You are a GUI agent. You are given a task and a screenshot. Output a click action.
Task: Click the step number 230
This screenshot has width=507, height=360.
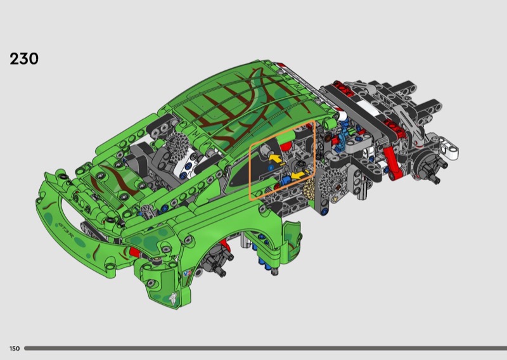pos(24,58)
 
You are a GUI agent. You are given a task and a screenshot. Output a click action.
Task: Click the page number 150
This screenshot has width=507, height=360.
pos(15,349)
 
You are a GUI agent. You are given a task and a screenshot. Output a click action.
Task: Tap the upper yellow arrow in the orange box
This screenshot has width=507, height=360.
pos(275,158)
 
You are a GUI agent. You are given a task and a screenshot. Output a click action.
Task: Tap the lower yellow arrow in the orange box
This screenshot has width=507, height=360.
pos(298,176)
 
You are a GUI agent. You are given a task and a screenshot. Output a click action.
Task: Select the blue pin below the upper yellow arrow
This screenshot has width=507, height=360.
pos(271,167)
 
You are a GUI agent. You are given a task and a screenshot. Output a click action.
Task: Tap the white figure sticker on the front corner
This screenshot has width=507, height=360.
pos(173,298)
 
